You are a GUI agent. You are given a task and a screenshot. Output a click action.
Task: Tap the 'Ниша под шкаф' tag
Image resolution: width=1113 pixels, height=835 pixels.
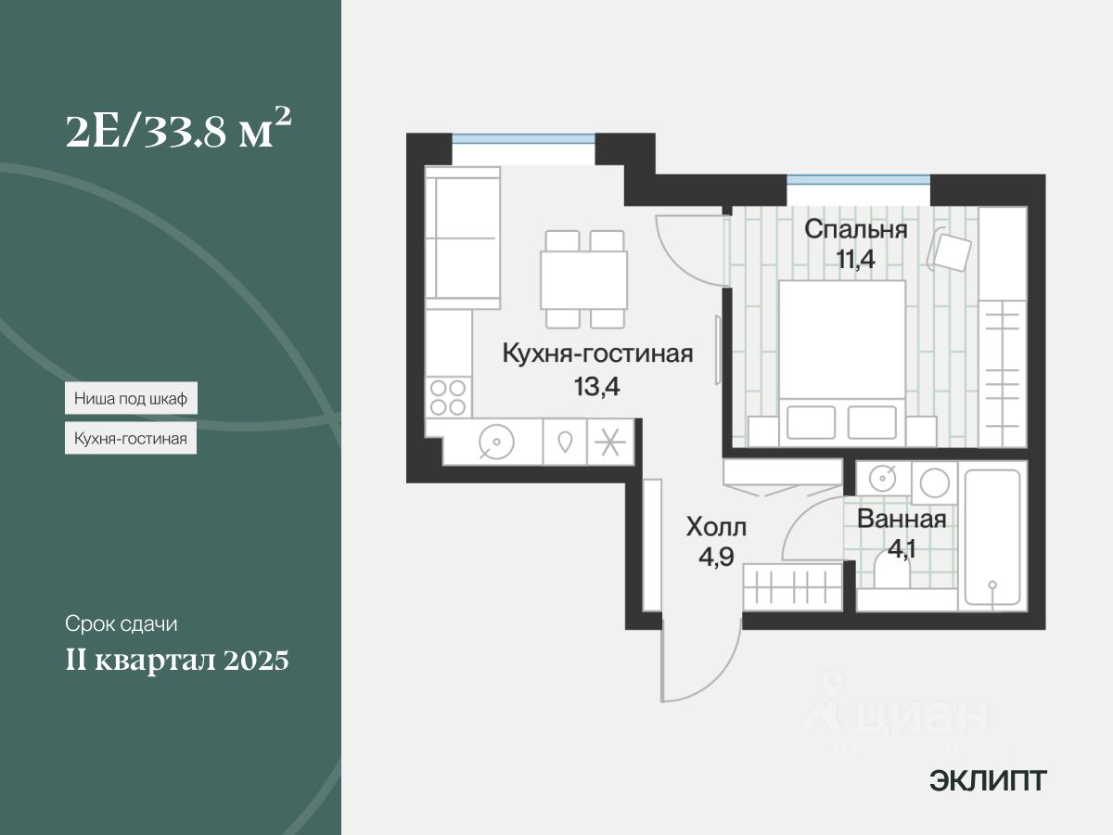tap(131, 400)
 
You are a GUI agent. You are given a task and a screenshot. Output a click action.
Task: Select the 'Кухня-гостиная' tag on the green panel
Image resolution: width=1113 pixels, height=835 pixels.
tap(131, 438)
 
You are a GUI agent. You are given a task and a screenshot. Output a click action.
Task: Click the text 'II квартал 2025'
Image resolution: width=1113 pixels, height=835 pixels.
tap(176, 662)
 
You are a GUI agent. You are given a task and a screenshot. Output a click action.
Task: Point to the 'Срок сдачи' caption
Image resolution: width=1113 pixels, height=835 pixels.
tap(121, 623)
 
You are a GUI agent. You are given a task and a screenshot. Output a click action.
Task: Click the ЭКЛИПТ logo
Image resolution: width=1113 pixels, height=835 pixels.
tap(988, 781)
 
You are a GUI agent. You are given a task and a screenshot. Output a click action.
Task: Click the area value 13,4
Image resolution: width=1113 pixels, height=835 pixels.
tap(597, 386)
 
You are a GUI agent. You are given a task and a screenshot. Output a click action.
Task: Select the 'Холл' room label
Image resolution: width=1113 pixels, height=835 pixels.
tap(715, 528)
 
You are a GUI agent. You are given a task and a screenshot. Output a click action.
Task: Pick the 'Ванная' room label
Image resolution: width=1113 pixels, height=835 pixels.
tap(902, 519)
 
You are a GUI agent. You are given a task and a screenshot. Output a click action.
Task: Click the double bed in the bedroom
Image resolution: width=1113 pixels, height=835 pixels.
tap(841, 357)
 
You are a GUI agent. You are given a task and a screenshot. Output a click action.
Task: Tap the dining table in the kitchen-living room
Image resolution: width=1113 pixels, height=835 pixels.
tap(584, 279)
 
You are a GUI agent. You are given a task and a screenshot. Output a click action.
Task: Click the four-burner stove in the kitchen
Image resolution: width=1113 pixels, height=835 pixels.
tap(449, 397)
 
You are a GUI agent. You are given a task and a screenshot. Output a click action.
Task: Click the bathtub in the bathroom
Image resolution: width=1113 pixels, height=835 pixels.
tap(991, 539)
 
